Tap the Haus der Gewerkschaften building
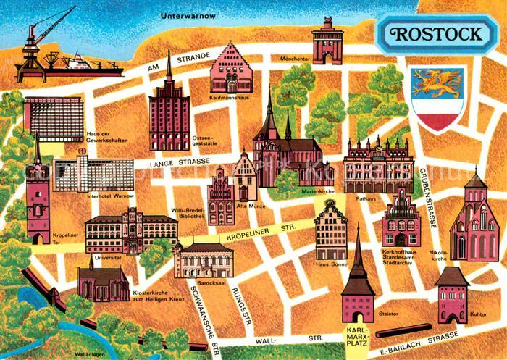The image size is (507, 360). point(52,119)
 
